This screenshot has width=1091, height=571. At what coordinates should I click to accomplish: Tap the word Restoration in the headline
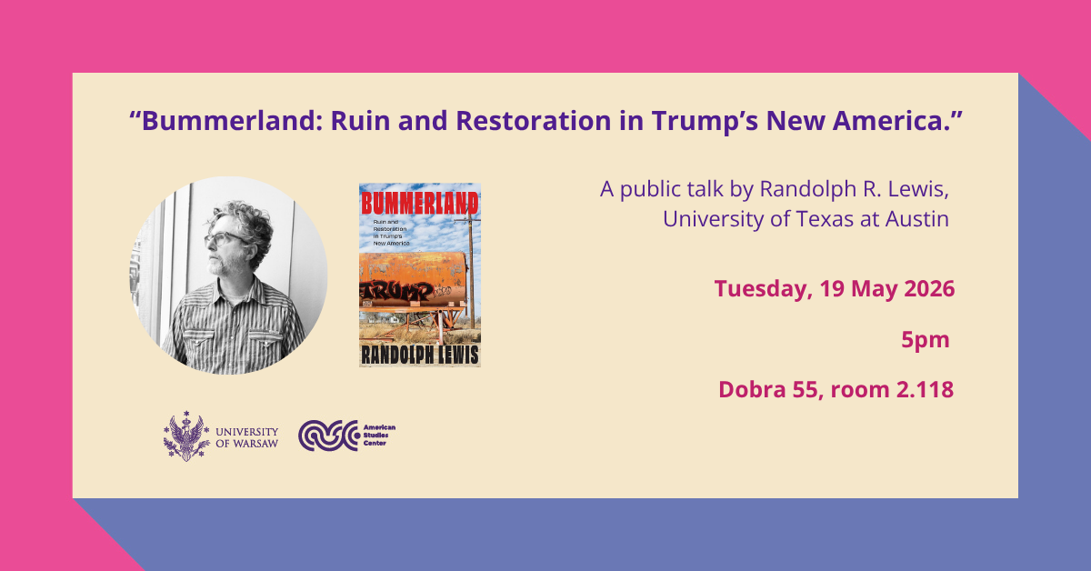534,120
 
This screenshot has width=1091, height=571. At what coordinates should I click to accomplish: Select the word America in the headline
888,120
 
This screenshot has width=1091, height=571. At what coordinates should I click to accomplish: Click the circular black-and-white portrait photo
228,275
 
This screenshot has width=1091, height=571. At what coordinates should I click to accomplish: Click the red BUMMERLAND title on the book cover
419,203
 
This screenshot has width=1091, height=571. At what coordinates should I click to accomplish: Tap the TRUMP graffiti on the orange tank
396,291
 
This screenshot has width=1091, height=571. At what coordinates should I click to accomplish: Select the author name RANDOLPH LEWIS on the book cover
419,356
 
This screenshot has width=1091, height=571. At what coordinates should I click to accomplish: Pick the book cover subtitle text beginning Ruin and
391,233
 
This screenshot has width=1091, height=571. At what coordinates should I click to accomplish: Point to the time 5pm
925,339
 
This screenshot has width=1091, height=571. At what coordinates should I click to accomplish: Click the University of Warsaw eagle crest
186,436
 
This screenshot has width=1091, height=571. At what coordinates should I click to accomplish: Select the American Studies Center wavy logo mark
329,436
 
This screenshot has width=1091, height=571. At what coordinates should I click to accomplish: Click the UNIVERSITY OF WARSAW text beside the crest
247,437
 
